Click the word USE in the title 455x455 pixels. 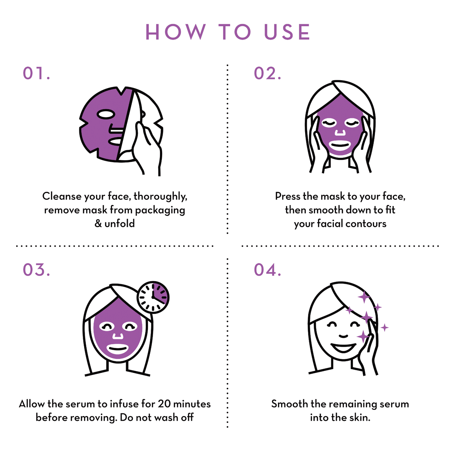click(287, 32)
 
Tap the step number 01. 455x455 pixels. click(37, 73)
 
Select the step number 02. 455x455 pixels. click(268, 73)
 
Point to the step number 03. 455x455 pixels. click(37, 270)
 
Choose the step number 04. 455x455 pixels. click(268, 270)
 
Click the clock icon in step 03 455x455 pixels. click(153, 297)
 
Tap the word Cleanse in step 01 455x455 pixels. click(62, 196)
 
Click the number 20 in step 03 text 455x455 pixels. click(164, 404)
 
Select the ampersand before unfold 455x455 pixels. click(98, 223)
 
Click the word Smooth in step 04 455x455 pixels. click(289, 404)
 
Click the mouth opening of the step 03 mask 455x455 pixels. click(118, 349)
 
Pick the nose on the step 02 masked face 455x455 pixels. click(340, 132)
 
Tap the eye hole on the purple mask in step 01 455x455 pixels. click(106, 114)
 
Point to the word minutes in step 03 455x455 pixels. click(192, 404)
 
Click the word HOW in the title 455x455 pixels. click(176, 32)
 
